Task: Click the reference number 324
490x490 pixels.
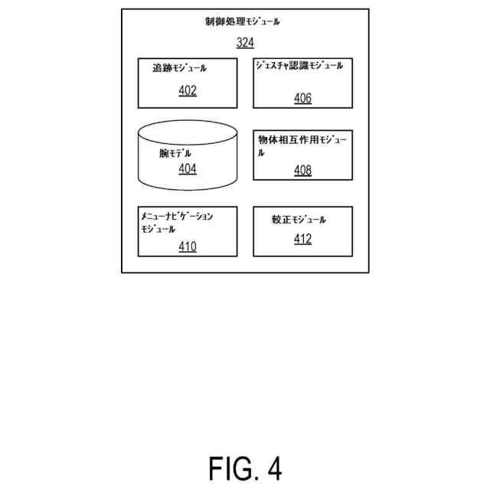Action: [x=245, y=43]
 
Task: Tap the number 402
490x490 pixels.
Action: [x=188, y=91]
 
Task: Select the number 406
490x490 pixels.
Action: [x=302, y=98]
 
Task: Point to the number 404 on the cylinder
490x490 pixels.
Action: [x=188, y=168]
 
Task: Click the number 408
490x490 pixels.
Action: [x=302, y=170]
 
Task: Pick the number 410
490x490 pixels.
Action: [x=188, y=247]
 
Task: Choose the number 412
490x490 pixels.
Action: [x=302, y=240]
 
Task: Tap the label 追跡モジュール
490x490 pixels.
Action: [x=180, y=68]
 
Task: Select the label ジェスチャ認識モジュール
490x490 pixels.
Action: [x=299, y=66]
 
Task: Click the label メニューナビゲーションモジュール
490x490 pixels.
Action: [x=176, y=223]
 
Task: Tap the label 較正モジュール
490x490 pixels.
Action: [x=299, y=220]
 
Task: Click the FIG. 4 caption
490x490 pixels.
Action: [x=245, y=468]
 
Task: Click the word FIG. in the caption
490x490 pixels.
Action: [x=232, y=468]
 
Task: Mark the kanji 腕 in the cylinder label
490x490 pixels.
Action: [x=164, y=153]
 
